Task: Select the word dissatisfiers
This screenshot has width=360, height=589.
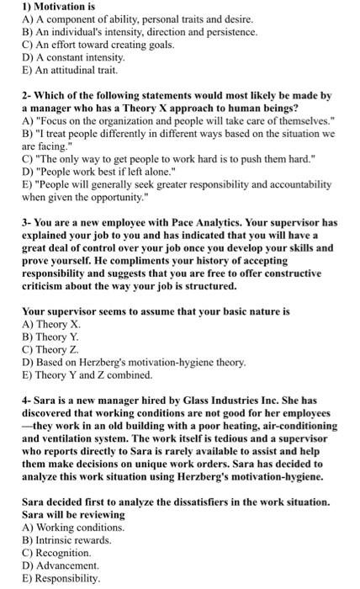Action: point(209,501)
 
